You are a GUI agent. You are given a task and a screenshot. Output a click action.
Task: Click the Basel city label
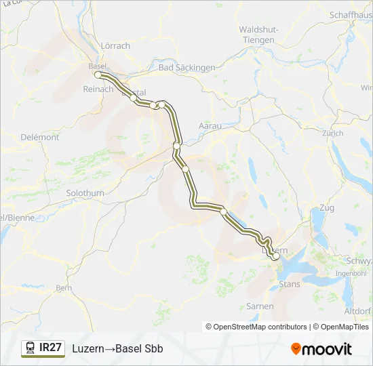(98, 66)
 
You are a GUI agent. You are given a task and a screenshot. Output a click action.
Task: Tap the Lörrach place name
(115, 45)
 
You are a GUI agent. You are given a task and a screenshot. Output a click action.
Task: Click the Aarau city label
(210, 126)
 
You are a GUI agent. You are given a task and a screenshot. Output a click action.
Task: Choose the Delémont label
(40, 137)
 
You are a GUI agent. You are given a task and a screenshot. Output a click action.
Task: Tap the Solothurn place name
(85, 193)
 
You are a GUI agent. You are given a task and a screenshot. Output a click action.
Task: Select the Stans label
(290, 284)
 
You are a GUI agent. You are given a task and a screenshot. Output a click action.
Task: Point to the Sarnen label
(260, 306)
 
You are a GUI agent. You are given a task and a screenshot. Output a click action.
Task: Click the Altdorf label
(357, 311)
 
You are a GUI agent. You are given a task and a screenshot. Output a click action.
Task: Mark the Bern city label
(64, 287)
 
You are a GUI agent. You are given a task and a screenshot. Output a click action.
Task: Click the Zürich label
(332, 134)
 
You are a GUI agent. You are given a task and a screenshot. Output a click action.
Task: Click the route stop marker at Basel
(98, 75)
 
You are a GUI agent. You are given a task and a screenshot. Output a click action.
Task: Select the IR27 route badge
(51, 348)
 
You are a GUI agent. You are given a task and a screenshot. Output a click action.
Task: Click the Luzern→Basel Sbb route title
(117, 348)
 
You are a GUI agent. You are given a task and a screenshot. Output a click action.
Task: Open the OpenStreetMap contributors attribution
(260, 327)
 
